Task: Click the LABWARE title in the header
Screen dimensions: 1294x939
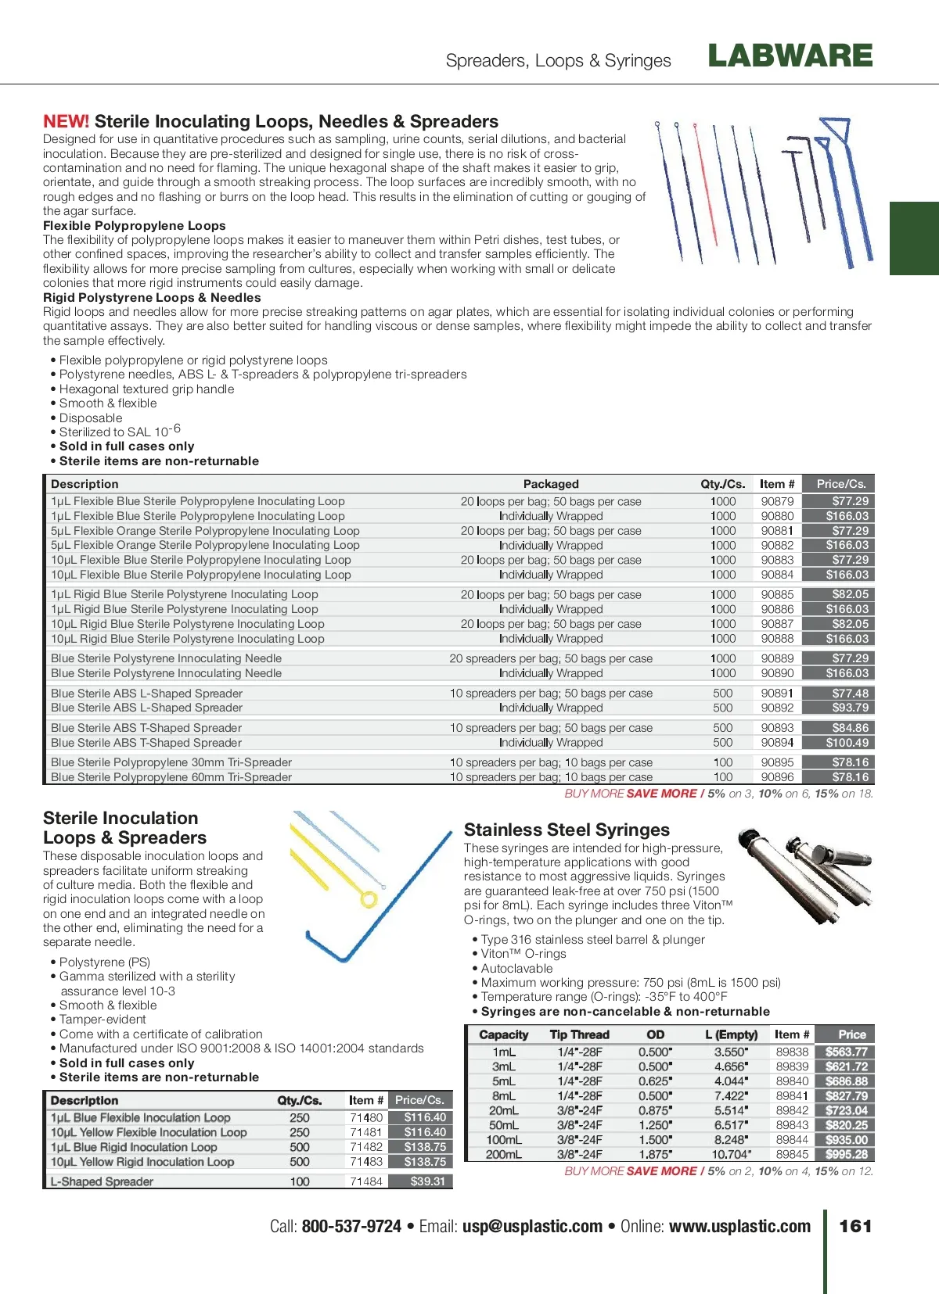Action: click(x=790, y=56)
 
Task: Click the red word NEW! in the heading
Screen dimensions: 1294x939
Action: click(x=66, y=122)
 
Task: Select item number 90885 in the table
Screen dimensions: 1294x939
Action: click(x=777, y=594)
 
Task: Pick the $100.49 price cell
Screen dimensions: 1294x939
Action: click(x=847, y=743)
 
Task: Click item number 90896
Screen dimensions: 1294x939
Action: click(x=777, y=777)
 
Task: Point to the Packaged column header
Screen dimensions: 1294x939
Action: click(x=551, y=484)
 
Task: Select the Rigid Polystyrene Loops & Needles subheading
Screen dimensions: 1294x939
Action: click(x=152, y=298)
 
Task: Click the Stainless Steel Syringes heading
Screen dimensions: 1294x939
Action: click(x=567, y=830)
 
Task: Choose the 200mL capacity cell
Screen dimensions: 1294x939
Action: click(x=503, y=1154)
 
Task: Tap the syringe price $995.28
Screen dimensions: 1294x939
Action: click(x=846, y=1154)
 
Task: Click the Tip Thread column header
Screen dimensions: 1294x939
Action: click(x=579, y=1034)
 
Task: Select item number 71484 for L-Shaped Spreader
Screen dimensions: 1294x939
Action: click(x=366, y=1181)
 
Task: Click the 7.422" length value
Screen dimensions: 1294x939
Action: click(x=731, y=1095)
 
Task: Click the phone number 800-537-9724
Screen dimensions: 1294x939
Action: click(x=351, y=1226)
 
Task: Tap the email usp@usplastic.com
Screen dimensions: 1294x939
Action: click(x=532, y=1226)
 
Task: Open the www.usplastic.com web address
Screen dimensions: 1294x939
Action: click(x=739, y=1226)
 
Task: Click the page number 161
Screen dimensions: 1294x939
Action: click(x=855, y=1226)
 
